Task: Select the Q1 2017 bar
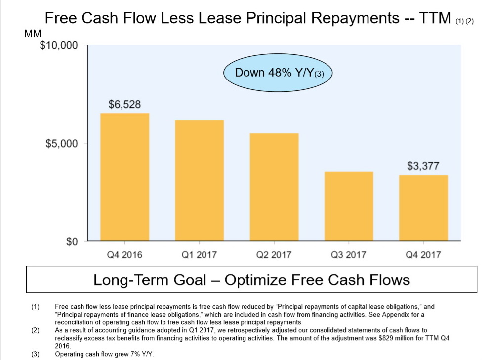click(x=199, y=180)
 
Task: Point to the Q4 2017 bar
click(x=423, y=208)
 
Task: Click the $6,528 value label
click(x=124, y=105)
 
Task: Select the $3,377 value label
click(x=423, y=166)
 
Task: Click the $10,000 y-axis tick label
click(x=58, y=46)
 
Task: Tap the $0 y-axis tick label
click(x=72, y=242)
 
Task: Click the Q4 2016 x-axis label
click(x=124, y=255)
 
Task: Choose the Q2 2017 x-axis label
click(x=274, y=255)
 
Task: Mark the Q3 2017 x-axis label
click(x=348, y=255)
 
